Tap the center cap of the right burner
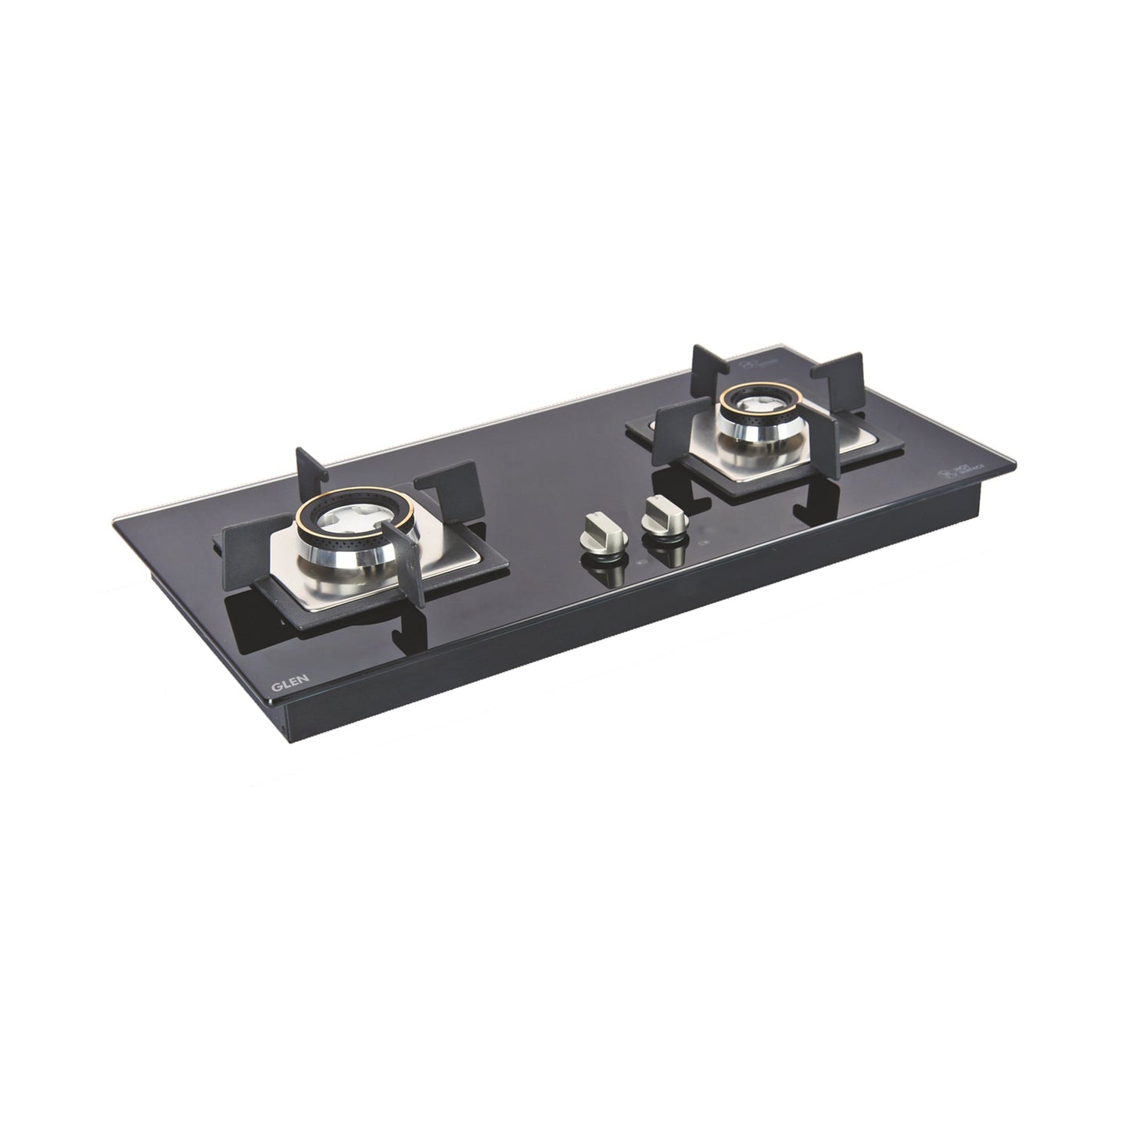(x=755, y=404)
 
